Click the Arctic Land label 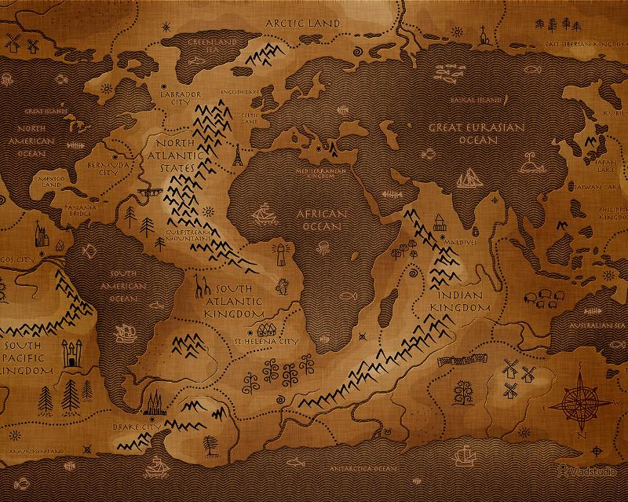(x=302, y=24)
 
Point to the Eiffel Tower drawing (x=234, y=156)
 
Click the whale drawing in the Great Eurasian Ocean (x=447, y=74)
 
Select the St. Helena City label (x=266, y=342)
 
